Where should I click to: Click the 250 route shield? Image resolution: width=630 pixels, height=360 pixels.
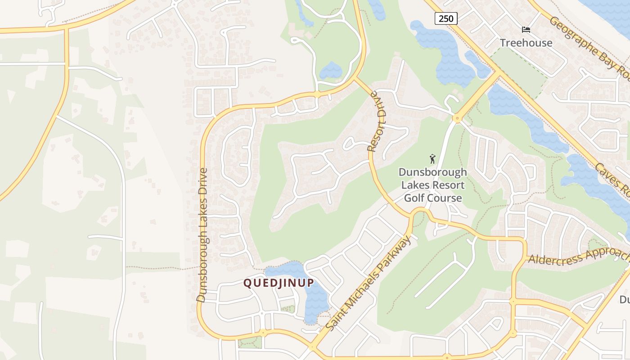click(446, 18)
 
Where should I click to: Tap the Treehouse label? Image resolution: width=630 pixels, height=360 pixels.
click(526, 43)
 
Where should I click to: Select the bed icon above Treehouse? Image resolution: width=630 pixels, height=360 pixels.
click(526, 30)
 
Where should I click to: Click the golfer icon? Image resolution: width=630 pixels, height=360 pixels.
click(432, 159)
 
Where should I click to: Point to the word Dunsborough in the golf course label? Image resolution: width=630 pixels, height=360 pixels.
click(432, 173)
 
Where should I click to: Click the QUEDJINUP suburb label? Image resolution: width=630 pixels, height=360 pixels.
click(279, 283)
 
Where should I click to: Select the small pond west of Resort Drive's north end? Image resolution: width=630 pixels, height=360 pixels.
click(331, 71)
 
